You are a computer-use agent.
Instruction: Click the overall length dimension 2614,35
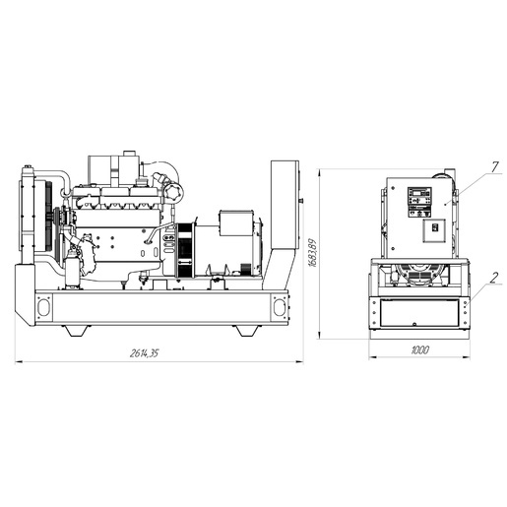[x=145, y=353]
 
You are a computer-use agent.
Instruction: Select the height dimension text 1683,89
[x=313, y=253]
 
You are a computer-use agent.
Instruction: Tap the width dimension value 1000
[x=419, y=350]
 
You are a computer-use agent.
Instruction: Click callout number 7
[x=495, y=167]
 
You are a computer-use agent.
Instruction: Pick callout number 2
[x=494, y=278]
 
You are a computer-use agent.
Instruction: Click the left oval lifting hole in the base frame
[x=43, y=307]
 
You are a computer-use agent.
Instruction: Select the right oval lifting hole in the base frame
[x=279, y=307]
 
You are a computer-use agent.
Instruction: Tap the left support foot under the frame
[x=78, y=331]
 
